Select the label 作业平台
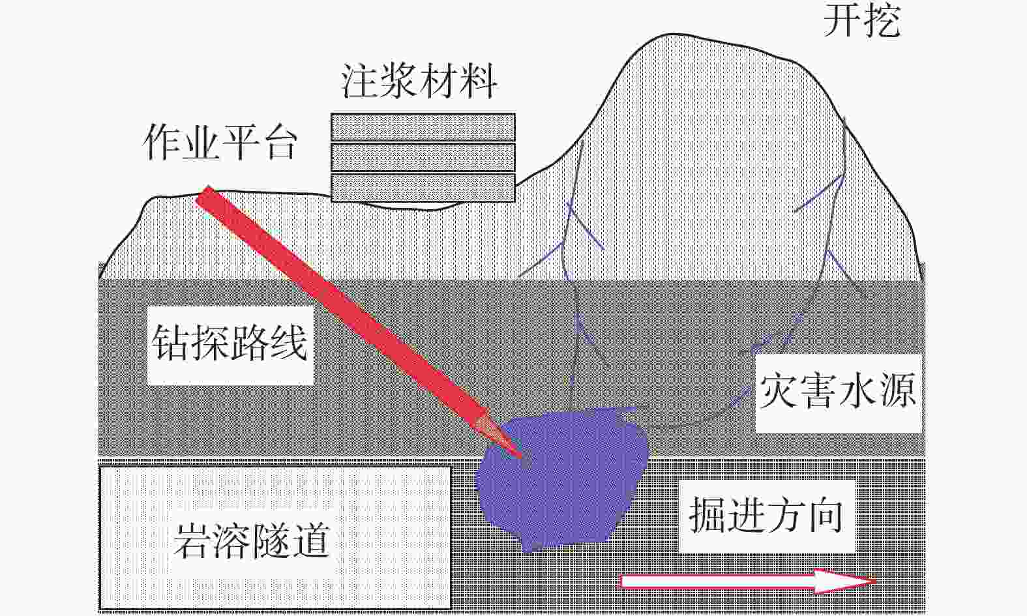pos(220,143)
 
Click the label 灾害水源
pos(838,391)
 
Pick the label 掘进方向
pos(766,516)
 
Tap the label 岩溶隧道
pos(251,540)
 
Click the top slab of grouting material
pos(423,127)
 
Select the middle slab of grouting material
pos(423,157)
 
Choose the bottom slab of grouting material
pos(423,187)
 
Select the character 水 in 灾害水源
pos(857,391)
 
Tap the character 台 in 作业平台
pos(279,143)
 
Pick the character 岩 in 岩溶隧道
pos(192,540)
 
